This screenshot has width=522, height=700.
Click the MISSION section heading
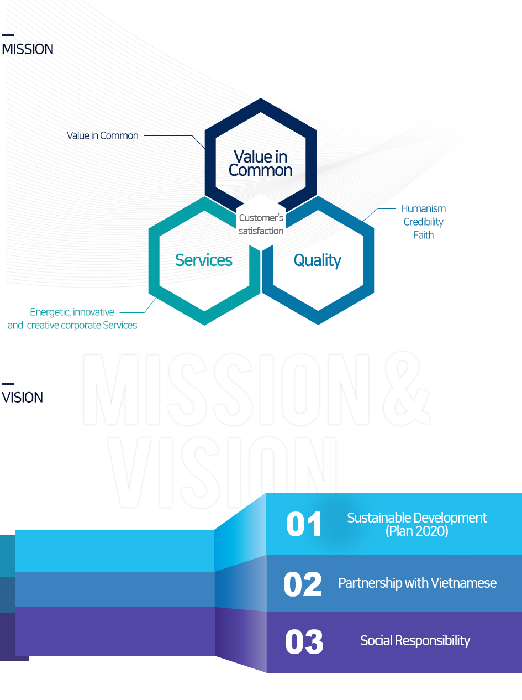tap(28, 49)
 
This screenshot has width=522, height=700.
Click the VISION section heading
tap(22, 398)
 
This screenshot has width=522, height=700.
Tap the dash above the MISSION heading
tap(8, 35)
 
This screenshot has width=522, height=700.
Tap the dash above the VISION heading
tap(8, 383)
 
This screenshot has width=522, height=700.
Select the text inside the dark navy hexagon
tap(261, 163)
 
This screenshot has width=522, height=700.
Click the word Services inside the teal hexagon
tap(204, 260)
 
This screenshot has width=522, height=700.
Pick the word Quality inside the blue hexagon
tap(318, 261)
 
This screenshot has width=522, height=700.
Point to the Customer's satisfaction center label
tap(261, 224)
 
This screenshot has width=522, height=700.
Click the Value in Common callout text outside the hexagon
tap(103, 135)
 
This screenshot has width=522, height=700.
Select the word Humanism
tap(423, 208)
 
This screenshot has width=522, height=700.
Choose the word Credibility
tap(423, 222)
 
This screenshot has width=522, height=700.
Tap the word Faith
tap(423, 235)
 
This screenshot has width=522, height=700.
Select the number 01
tap(304, 524)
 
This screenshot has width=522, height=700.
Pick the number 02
tap(303, 584)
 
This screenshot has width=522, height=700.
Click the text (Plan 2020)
tap(417, 531)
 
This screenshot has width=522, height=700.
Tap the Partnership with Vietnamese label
tap(417, 583)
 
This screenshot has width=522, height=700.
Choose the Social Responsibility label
tap(415, 640)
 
